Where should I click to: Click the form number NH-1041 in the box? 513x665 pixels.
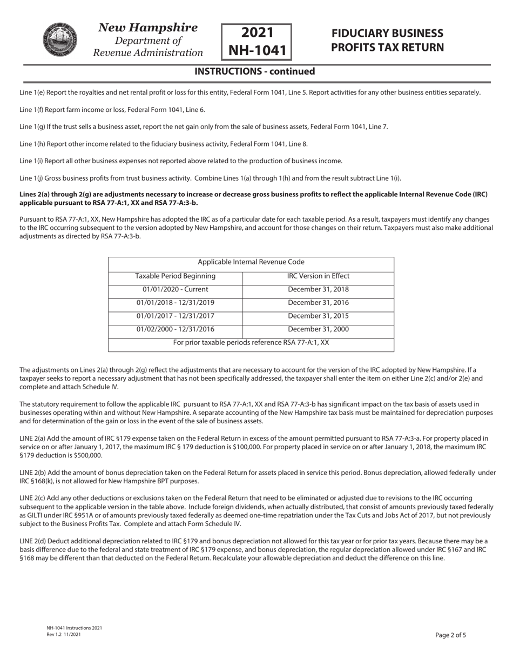coord(256,50)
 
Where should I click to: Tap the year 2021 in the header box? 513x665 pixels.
coord(257,32)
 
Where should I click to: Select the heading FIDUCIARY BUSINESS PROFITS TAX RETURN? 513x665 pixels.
coord(387,41)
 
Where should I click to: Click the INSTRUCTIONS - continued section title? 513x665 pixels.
coord(254,71)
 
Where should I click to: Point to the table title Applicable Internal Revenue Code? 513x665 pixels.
coord(251,262)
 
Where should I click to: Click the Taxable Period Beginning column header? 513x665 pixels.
coord(175,276)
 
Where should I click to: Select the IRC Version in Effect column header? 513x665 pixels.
coord(318,276)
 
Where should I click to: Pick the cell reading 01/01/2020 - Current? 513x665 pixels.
coord(175,290)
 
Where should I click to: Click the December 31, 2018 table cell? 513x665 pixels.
coord(318,290)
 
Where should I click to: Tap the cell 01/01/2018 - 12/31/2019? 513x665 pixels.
coord(175,303)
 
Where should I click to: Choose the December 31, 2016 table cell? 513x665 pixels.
coord(318,303)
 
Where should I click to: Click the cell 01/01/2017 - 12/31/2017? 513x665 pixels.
coord(175,316)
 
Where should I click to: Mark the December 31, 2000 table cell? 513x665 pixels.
coord(318,329)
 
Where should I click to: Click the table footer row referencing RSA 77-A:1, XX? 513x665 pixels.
coord(251,343)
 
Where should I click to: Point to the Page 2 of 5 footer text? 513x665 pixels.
coord(450,635)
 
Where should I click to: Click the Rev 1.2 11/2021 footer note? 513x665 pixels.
coord(64,634)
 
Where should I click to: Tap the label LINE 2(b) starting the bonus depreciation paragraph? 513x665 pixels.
coord(32,473)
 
